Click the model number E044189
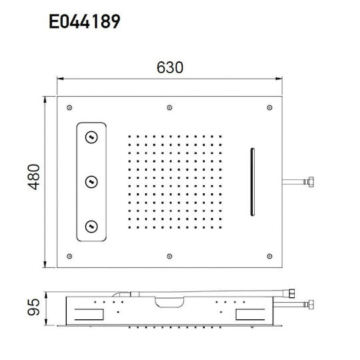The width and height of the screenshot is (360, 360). click(85, 21)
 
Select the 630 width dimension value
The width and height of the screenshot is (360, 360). click(170, 67)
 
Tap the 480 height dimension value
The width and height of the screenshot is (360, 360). click(34, 177)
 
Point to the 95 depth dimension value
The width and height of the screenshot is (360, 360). click(34, 307)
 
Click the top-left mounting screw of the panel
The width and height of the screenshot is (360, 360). click(69, 107)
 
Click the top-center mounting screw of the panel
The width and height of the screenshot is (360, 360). click(169, 107)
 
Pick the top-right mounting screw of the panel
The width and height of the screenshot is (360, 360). click(269, 107)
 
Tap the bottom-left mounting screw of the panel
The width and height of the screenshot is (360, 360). click(69, 256)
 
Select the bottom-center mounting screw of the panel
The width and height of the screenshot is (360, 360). click(169, 256)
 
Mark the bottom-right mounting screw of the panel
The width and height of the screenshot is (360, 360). click(269, 256)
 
